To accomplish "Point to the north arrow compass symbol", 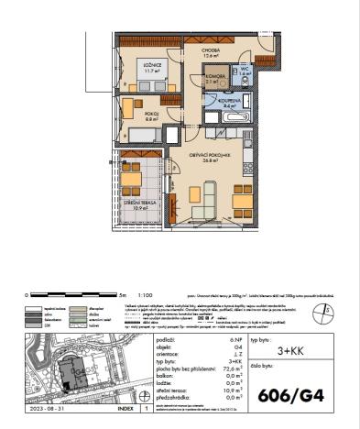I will pos(322,313).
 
